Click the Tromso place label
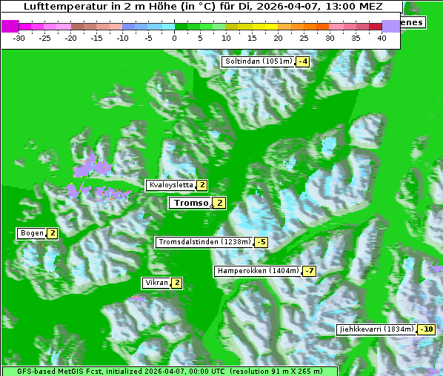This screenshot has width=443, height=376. click(x=190, y=203)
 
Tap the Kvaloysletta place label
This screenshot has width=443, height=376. click(x=170, y=185)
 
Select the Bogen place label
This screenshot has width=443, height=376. click(x=32, y=234)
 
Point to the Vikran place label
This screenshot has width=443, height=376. click(x=156, y=283)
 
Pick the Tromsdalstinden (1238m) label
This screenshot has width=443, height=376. click(x=204, y=242)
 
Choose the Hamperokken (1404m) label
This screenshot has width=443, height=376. click(x=258, y=271)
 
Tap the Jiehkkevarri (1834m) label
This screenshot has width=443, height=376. click(x=376, y=329)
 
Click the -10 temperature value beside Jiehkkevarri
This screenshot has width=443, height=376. click(x=426, y=329)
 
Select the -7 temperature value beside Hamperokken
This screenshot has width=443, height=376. click(x=310, y=271)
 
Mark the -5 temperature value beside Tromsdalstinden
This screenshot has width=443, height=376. click(x=261, y=242)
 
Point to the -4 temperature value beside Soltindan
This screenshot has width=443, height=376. click(x=302, y=61)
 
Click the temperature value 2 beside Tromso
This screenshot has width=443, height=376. click(x=220, y=203)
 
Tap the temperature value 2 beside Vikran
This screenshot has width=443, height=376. click(x=176, y=283)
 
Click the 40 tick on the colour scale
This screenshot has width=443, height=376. click(x=382, y=37)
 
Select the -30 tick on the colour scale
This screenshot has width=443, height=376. click(x=19, y=37)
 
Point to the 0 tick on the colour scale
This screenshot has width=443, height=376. click(x=175, y=37)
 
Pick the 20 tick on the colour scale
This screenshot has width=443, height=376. click(x=278, y=37)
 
